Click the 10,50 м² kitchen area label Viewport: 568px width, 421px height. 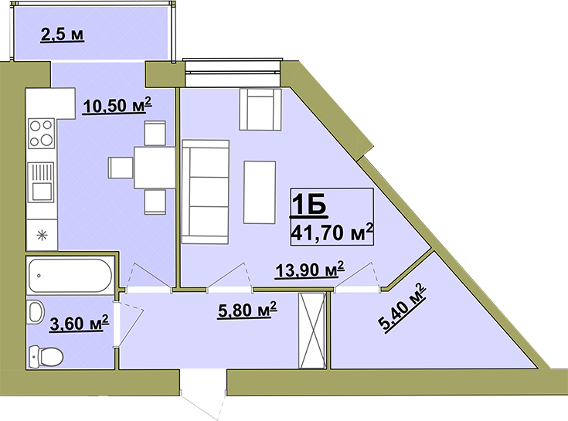[x=117, y=105]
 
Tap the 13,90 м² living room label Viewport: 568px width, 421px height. [x=310, y=269]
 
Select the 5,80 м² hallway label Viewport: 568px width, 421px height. [x=247, y=310]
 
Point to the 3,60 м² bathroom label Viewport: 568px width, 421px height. [x=79, y=323]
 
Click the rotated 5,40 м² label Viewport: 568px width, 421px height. [x=402, y=307]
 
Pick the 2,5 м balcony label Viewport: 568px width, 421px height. [x=63, y=35]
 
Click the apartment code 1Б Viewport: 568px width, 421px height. [x=309, y=205]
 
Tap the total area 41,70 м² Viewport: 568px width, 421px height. [x=332, y=233]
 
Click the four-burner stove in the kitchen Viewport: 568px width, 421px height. [x=41, y=133]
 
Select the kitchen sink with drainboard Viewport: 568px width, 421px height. [x=41, y=182]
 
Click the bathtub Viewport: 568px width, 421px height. [x=70, y=276]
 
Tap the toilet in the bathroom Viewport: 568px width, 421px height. [x=46, y=357]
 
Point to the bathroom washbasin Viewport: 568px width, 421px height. [x=36, y=311]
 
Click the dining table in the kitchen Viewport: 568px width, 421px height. [x=155, y=168]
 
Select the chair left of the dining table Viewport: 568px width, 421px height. [x=121, y=168]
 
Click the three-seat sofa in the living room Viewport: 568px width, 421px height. [x=206, y=192]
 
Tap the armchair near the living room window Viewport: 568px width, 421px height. [x=260, y=110]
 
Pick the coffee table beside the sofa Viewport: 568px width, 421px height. [x=260, y=192]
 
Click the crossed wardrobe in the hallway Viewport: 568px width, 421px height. [x=312, y=331]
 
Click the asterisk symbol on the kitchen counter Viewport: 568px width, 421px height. [x=43, y=236]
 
